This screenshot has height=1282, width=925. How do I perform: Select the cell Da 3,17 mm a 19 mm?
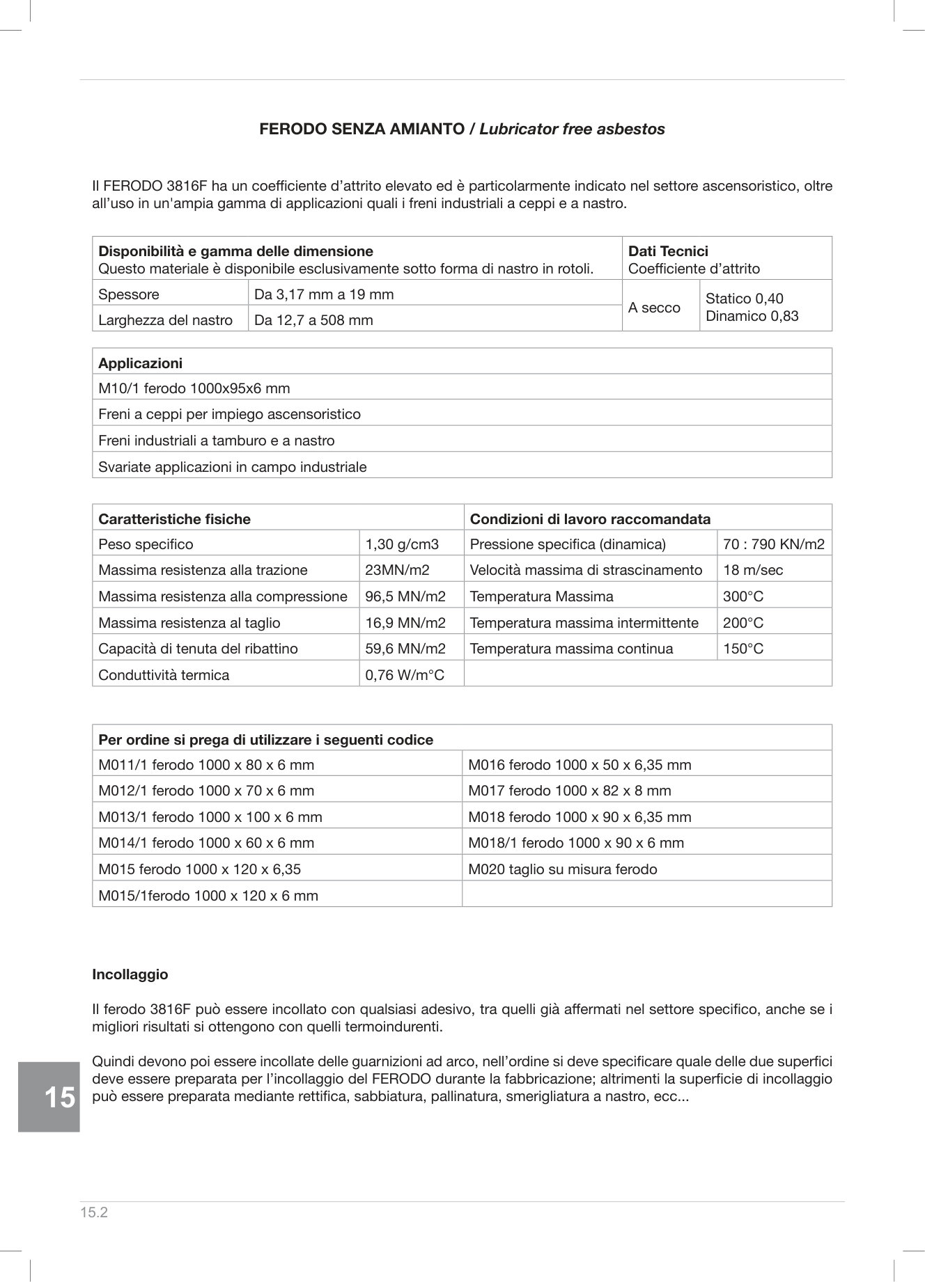(x=324, y=294)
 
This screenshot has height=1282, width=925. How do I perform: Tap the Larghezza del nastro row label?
(x=165, y=320)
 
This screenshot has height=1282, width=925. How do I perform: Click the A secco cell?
(x=654, y=308)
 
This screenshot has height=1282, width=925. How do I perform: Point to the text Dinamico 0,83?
(x=752, y=316)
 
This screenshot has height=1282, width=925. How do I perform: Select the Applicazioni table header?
(x=140, y=363)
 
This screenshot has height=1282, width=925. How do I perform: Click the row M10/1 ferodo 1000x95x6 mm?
(x=194, y=388)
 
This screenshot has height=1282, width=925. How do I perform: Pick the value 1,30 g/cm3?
(x=402, y=544)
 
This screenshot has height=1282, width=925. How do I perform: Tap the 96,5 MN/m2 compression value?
(x=405, y=596)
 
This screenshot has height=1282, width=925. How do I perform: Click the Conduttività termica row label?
(x=164, y=675)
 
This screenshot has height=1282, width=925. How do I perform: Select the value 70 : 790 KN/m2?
(x=773, y=544)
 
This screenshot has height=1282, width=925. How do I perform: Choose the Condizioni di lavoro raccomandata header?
(x=590, y=519)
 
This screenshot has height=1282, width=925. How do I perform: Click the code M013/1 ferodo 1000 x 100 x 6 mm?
(x=210, y=817)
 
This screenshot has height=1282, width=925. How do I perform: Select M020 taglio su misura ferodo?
(x=562, y=869)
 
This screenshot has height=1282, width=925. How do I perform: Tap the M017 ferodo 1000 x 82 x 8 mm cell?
(x=569, y=791)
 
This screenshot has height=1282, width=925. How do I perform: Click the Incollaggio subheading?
(x=130, y=974)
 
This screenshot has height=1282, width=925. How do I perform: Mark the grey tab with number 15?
(x=49, y=1097)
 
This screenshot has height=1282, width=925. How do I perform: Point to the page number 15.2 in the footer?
(x=94, y=1213)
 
